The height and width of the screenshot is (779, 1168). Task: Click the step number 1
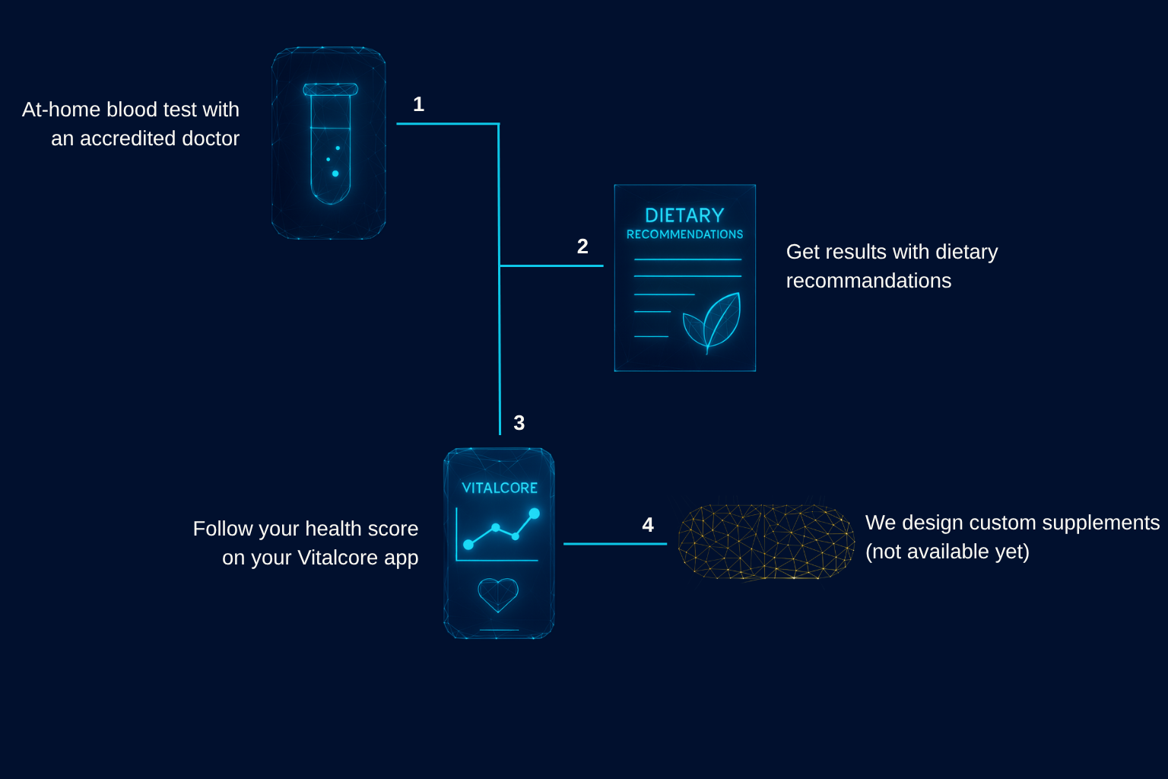(418, 104)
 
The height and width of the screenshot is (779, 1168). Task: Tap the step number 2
(582, 246)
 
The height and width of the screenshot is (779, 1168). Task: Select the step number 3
(519, 423)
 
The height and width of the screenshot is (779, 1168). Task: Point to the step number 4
(648, 525)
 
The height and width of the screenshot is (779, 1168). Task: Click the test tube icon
(330, 143)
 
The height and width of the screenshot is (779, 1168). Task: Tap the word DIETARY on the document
(684, 215)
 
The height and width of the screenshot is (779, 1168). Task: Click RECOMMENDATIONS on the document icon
(684, 234)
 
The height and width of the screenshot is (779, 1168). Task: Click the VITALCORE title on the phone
(500, 488)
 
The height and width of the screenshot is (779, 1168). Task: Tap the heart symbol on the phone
(498, 594)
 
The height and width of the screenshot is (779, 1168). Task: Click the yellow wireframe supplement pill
(766, 542)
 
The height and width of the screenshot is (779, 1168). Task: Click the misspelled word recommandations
(868, 281)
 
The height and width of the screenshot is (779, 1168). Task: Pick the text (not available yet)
(947, 552)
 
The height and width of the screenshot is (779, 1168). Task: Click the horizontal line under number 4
(614, 544)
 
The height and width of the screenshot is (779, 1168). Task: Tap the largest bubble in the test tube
(335, 173)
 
